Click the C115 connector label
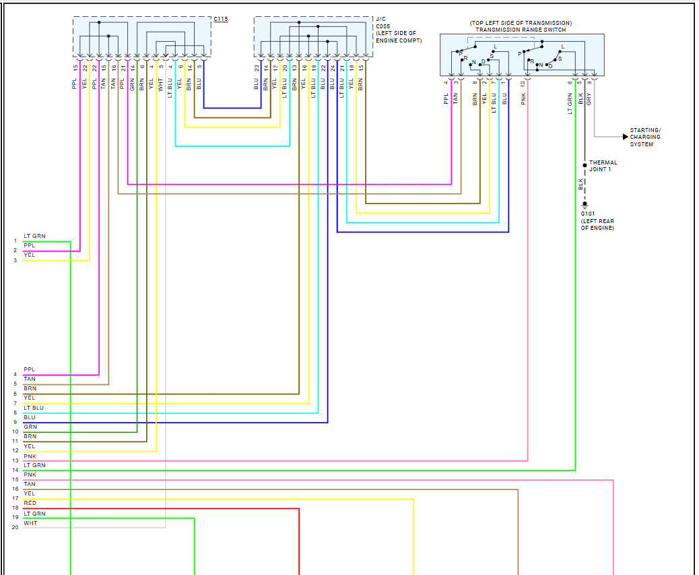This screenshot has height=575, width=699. tap(220, 19)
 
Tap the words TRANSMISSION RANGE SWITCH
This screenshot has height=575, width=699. tap(521, 30)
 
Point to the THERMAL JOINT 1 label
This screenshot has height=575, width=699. tap(603, 166)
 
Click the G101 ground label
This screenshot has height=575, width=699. tap(588, 214)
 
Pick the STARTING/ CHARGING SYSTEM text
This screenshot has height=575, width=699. tap(645, 137)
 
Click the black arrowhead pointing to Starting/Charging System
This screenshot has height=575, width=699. tap(626, 137)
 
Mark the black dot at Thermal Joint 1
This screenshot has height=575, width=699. tap(585, 164)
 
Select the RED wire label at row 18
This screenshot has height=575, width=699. tap(30, 504)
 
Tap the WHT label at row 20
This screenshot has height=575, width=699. tap(30, 523)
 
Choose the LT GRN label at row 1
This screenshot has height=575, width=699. tap(34, 237)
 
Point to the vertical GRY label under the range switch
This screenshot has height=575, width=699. tap(589, 98)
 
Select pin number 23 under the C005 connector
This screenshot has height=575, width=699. tap(257, 67)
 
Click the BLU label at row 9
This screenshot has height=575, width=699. tap(30, 418)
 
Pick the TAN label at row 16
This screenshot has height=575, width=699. tap(30, 484)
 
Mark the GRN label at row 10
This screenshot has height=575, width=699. tap(30, 427)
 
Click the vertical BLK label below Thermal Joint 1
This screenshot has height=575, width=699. tap(580, 183)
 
